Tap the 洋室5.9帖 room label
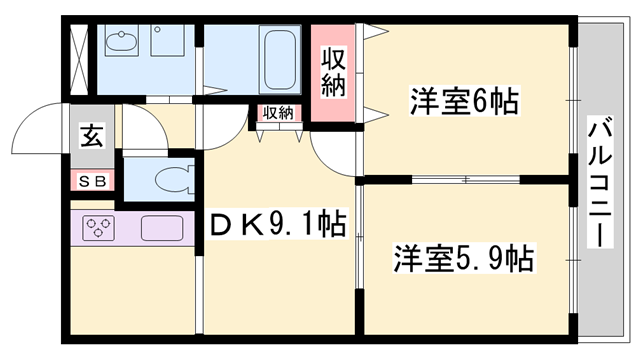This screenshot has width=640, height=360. click(462, 258)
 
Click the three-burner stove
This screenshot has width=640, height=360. click(97, 229)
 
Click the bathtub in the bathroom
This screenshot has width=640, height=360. click(277, 59)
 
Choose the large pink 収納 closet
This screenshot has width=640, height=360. click(334, 72)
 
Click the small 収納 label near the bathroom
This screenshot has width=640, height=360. click(279, 112)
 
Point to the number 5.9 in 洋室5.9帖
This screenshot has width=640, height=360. click(487, 258)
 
